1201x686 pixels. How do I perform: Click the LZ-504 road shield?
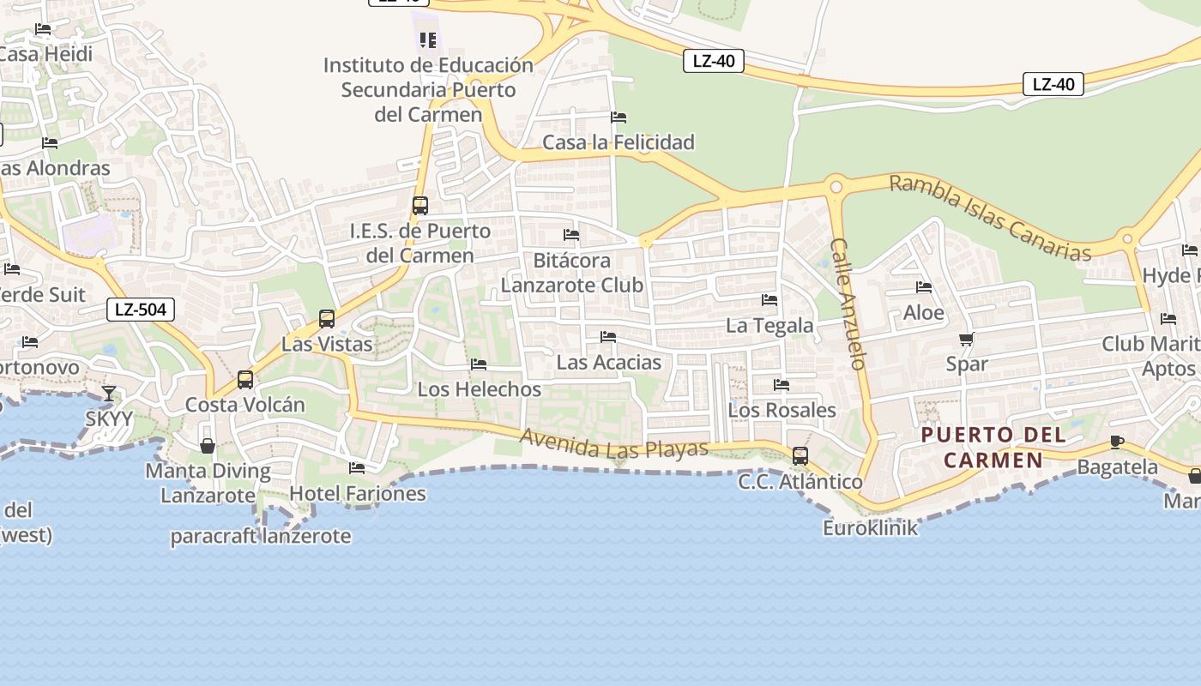coord(141,310)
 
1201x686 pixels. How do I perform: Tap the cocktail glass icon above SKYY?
coord(109,394)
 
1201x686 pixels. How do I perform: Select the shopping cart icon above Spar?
coord(967,340)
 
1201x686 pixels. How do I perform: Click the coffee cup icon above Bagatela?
coord(1117,442)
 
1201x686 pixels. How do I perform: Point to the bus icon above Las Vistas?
coord(327,319)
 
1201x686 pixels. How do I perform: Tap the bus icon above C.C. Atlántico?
coord(800,456)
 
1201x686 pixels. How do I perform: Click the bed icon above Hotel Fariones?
coord(357,468)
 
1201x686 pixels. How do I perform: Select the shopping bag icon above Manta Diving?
coord(208,446)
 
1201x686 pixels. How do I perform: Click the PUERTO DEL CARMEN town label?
coord(993,448)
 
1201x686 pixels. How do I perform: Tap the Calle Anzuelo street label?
coord(848,304)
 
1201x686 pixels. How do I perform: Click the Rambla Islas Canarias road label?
coord(990,217)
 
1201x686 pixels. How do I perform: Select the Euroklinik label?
coord(870,527)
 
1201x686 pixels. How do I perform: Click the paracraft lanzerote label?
coord(261,537)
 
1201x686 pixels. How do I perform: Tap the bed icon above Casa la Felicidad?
coord(619,117)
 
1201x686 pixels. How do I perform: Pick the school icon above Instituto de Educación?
coord(428,39)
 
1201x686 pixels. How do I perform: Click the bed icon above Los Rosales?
coord(782,385)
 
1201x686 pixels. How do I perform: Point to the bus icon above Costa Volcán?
coord(245,380)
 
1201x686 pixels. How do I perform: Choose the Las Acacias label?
coord(608,362)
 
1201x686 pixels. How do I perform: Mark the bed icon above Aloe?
coord(924,287)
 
